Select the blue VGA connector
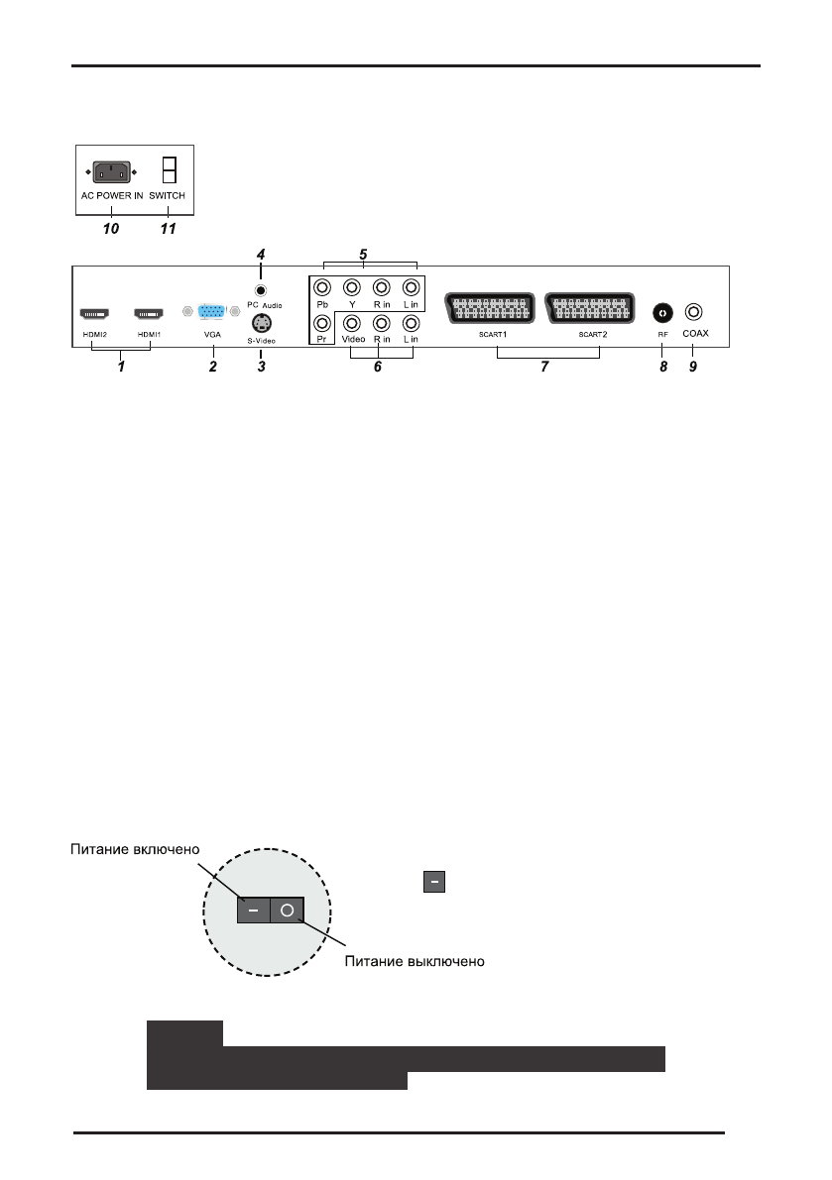pos(210,311)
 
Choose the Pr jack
pos(321,323)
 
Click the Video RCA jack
pos(351,323)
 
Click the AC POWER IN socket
pos(112,172)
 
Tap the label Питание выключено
pos(415,962)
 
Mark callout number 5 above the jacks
pos(363,254)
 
